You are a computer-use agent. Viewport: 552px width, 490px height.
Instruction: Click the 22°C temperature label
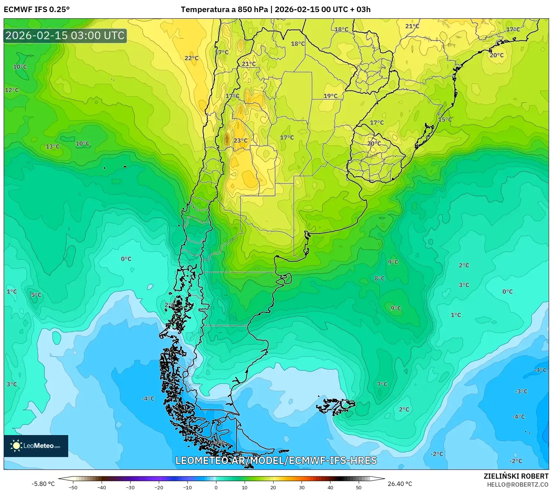(x=191, y=58)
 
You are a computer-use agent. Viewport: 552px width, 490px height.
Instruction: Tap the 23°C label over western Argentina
(x=241, y=141)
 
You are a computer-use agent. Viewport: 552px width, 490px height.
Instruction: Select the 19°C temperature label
(x=330, y=96)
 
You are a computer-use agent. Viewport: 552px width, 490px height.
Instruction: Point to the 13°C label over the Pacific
(x=52, y=147)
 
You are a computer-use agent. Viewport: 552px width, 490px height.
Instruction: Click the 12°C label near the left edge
(x=12, y=90)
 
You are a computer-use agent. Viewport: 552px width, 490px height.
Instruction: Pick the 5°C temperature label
(x=36, y=295)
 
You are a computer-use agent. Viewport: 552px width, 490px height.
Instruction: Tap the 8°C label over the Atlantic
(x=380, y=279)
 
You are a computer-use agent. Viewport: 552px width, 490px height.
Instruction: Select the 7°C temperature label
(x=382, y=385)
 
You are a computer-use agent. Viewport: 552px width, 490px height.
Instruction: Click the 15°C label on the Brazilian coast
(x=445, y=120)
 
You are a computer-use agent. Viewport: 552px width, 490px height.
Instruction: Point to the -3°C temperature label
(x=521, y=391)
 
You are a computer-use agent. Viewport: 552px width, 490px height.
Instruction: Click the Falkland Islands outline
(x=336, y=406)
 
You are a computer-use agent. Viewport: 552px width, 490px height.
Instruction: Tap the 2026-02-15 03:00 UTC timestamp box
(x=65, y=36)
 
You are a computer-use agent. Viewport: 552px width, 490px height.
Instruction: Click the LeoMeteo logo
(x=36, y=446)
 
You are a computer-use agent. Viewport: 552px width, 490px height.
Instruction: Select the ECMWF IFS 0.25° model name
(x=37, y=10)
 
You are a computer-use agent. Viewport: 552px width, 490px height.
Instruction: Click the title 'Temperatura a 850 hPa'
(x=224, y=10)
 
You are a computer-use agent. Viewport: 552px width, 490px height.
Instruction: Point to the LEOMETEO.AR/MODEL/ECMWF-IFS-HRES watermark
(x=276, y=460)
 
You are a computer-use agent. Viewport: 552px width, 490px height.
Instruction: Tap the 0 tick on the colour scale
(x=216, y=487)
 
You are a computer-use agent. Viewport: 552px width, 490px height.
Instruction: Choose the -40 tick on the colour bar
(x=102, y=487)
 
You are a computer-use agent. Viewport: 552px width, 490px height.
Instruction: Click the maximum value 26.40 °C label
(x=400, y=484)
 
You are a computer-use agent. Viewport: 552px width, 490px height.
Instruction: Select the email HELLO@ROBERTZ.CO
(x=518, y=485)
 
